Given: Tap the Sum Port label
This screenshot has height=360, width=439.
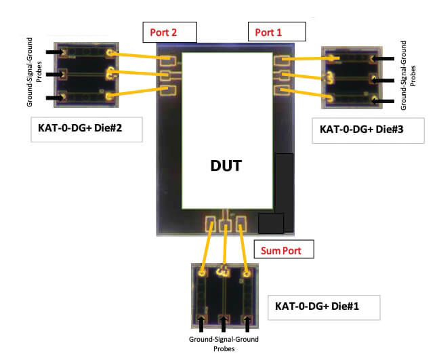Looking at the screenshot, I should pos(284,250).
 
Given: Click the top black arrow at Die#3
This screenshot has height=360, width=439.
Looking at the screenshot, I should pos(383,59).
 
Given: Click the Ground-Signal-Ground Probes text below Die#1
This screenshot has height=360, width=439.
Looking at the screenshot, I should pos(223,344).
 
